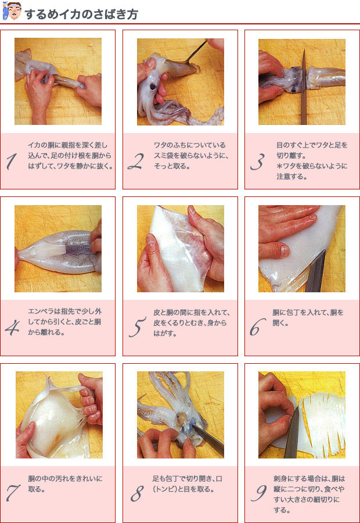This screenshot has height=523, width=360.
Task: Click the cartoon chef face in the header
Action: pos(12,11)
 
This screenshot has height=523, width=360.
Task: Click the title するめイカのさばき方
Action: pos(81,15)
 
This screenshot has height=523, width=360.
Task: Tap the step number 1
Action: pos(12,162)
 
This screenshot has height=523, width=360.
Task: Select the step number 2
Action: pos(136,162)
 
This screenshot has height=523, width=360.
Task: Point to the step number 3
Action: pos(258,162)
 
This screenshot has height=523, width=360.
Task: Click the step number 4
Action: pos(12,328)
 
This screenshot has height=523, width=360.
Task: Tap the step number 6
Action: pos(258,327)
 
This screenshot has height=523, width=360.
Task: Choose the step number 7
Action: pos(13,493)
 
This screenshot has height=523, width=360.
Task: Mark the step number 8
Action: pos(137,493)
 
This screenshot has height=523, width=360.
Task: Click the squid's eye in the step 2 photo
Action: pos(153,87)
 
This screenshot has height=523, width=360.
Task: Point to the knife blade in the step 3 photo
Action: pos(304,87)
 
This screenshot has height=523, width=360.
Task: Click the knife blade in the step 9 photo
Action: pos(292,434)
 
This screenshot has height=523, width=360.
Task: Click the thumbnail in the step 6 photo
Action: pos(285,250)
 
